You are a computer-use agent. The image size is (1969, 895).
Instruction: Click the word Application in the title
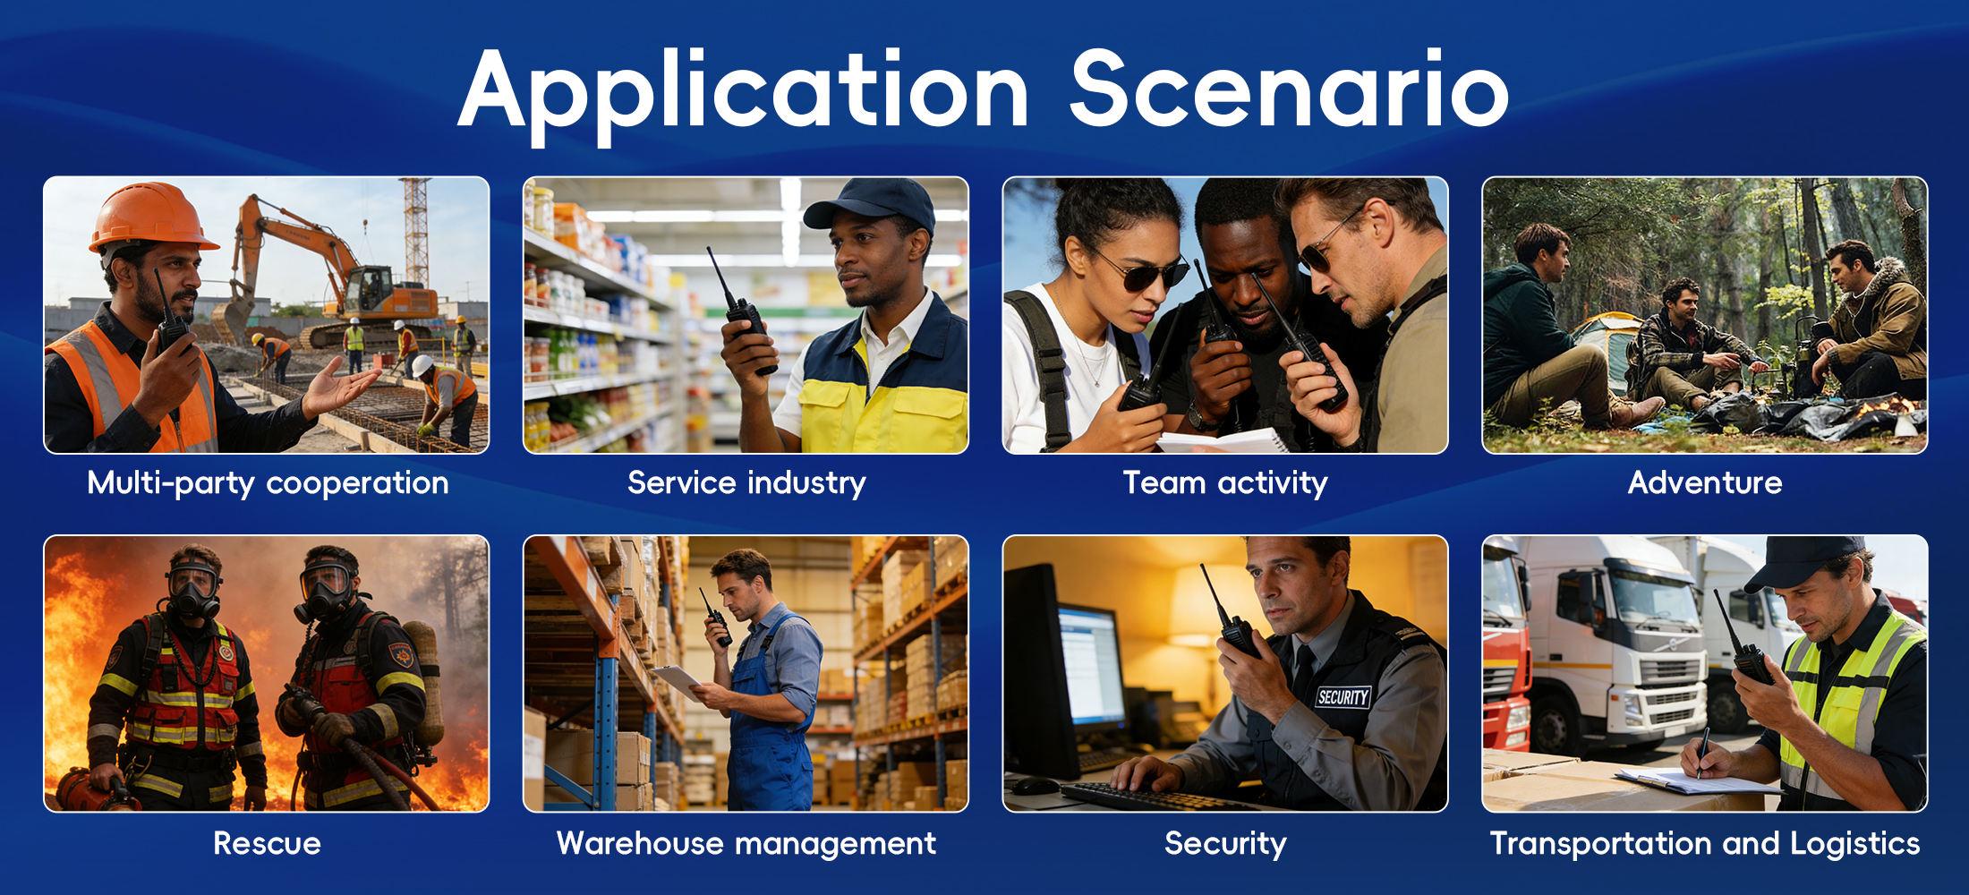744,95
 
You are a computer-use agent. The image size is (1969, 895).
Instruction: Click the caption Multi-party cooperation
268,483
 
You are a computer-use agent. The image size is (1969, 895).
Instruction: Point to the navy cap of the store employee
873,203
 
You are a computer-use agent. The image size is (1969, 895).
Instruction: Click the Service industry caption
746,483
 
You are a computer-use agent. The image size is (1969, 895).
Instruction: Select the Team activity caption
1225,483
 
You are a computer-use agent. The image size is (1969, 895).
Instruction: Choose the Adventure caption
1705,483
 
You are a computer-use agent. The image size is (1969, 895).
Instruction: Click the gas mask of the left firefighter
193,591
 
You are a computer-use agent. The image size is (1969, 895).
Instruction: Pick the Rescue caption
267,843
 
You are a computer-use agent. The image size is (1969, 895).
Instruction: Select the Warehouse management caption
746,843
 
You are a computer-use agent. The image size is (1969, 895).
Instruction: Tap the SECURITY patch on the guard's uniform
1342,696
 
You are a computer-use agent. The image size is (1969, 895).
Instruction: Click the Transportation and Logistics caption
1705,843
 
